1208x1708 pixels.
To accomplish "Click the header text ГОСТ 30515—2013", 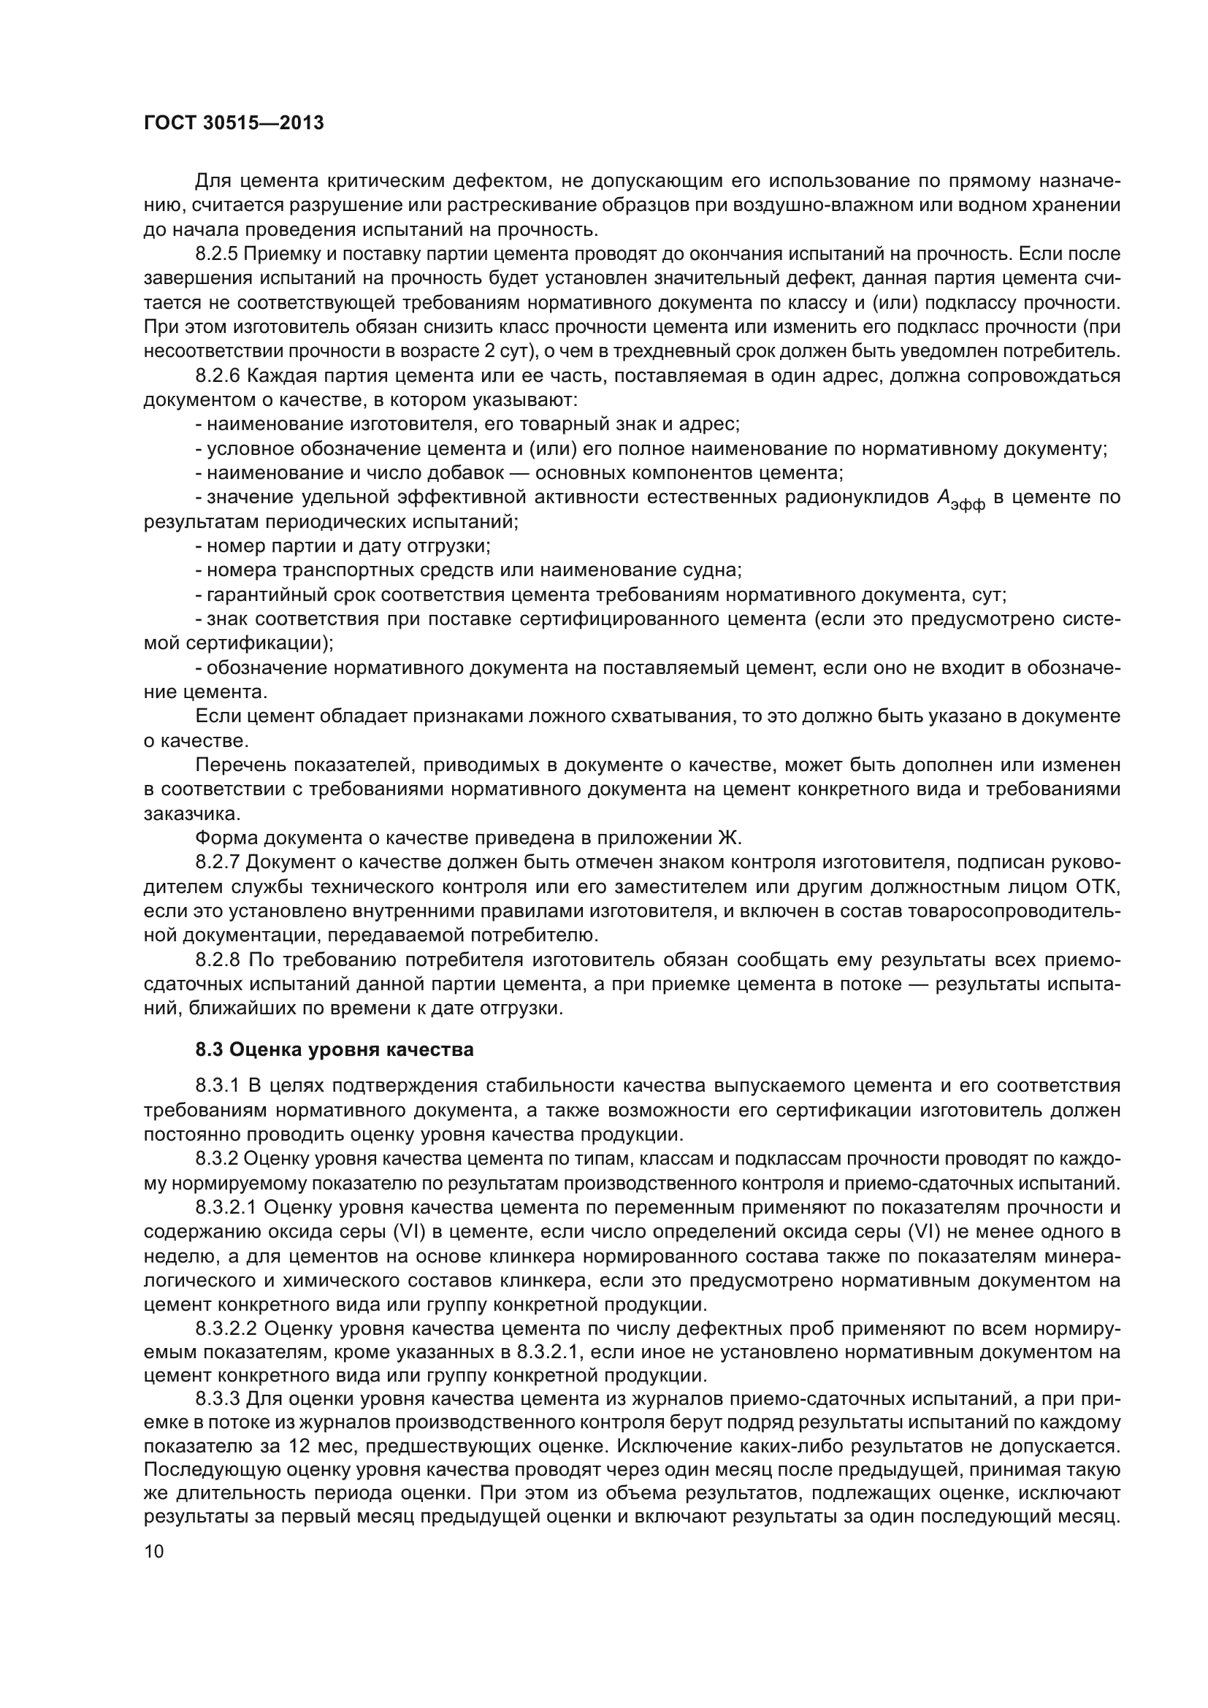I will pyautogui.click(x=234, y=123).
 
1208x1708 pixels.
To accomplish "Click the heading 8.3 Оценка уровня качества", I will pyautogui.click(x=334, y=1049).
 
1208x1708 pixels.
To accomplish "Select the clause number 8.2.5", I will pyautogui.click(x=215, y=254).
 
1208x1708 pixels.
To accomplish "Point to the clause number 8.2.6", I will pyautogui.click(x=215, y=375).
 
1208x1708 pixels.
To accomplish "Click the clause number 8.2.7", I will pyautogui.click(x=215, y=862).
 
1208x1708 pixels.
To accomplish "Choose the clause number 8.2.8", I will pyautogui.click(x=215, y=960).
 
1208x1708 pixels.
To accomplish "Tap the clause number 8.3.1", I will pyautogui.click(x=215, y=1086).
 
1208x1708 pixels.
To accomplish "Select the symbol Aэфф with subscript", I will pyautogui.click(x=961, y=500).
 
